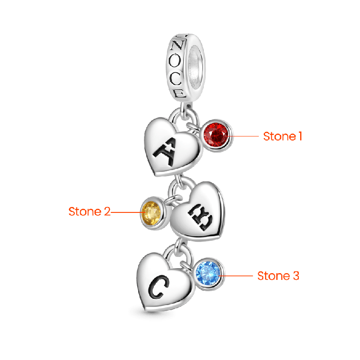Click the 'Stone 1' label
click(x=282, y=136)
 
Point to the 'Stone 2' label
click(x=89, y=211)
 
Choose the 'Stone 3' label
click(x=278, y=276)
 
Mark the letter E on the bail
click(x=179, y=93)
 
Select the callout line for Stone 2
click(x=126, y=211)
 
